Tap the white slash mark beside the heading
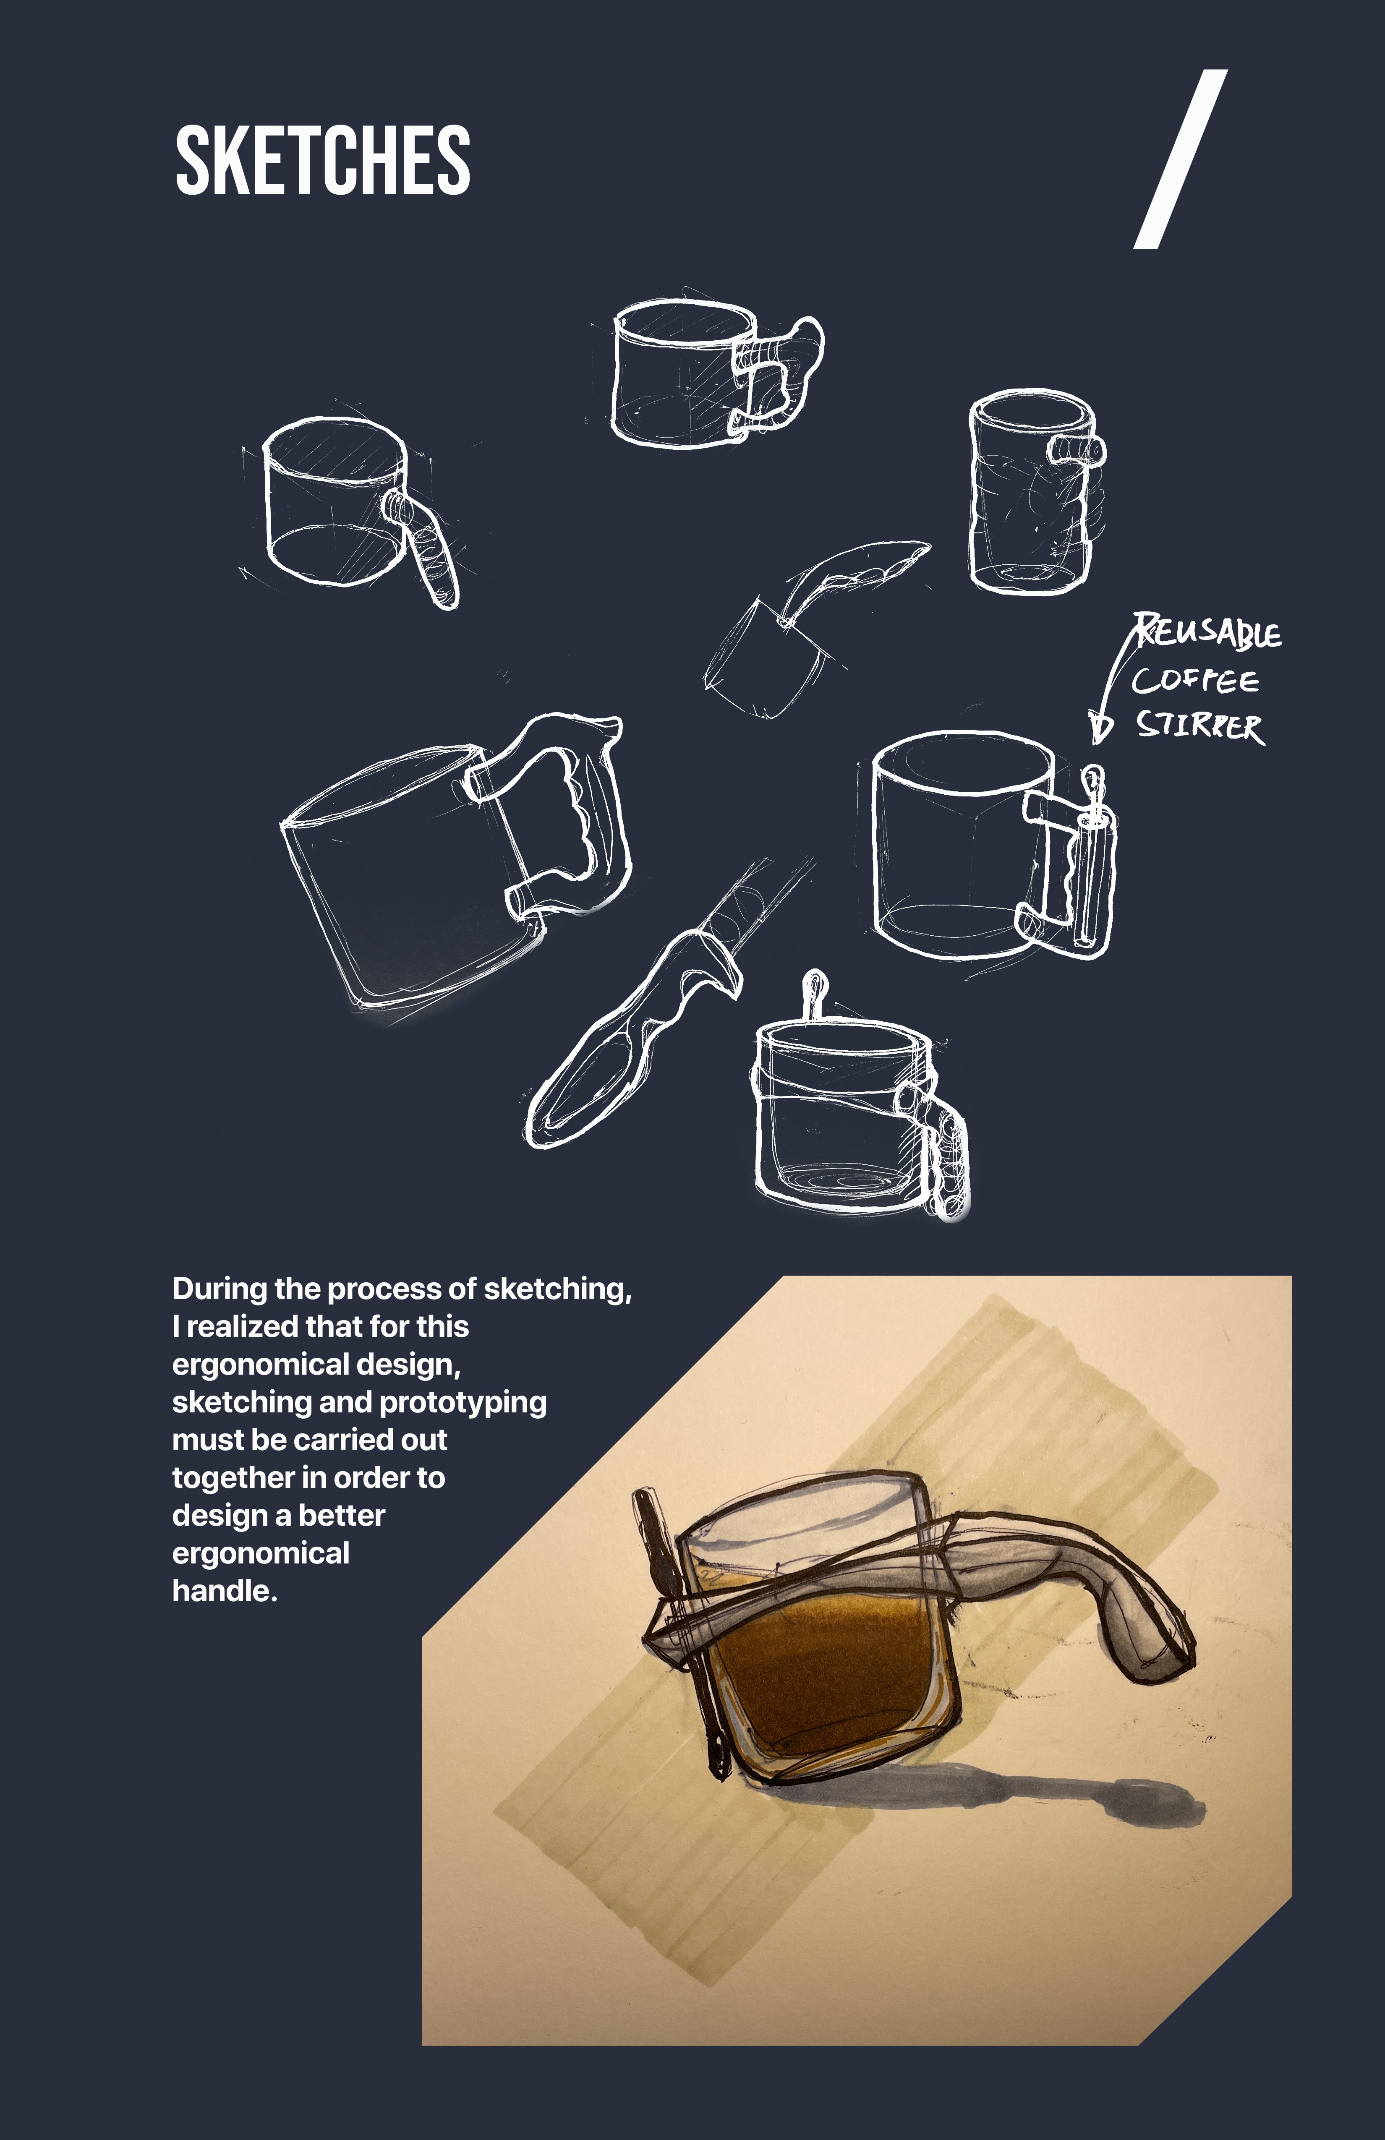pos(1180,159)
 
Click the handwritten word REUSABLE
pos(1206,632)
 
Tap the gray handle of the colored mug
pos(1070,1592)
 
